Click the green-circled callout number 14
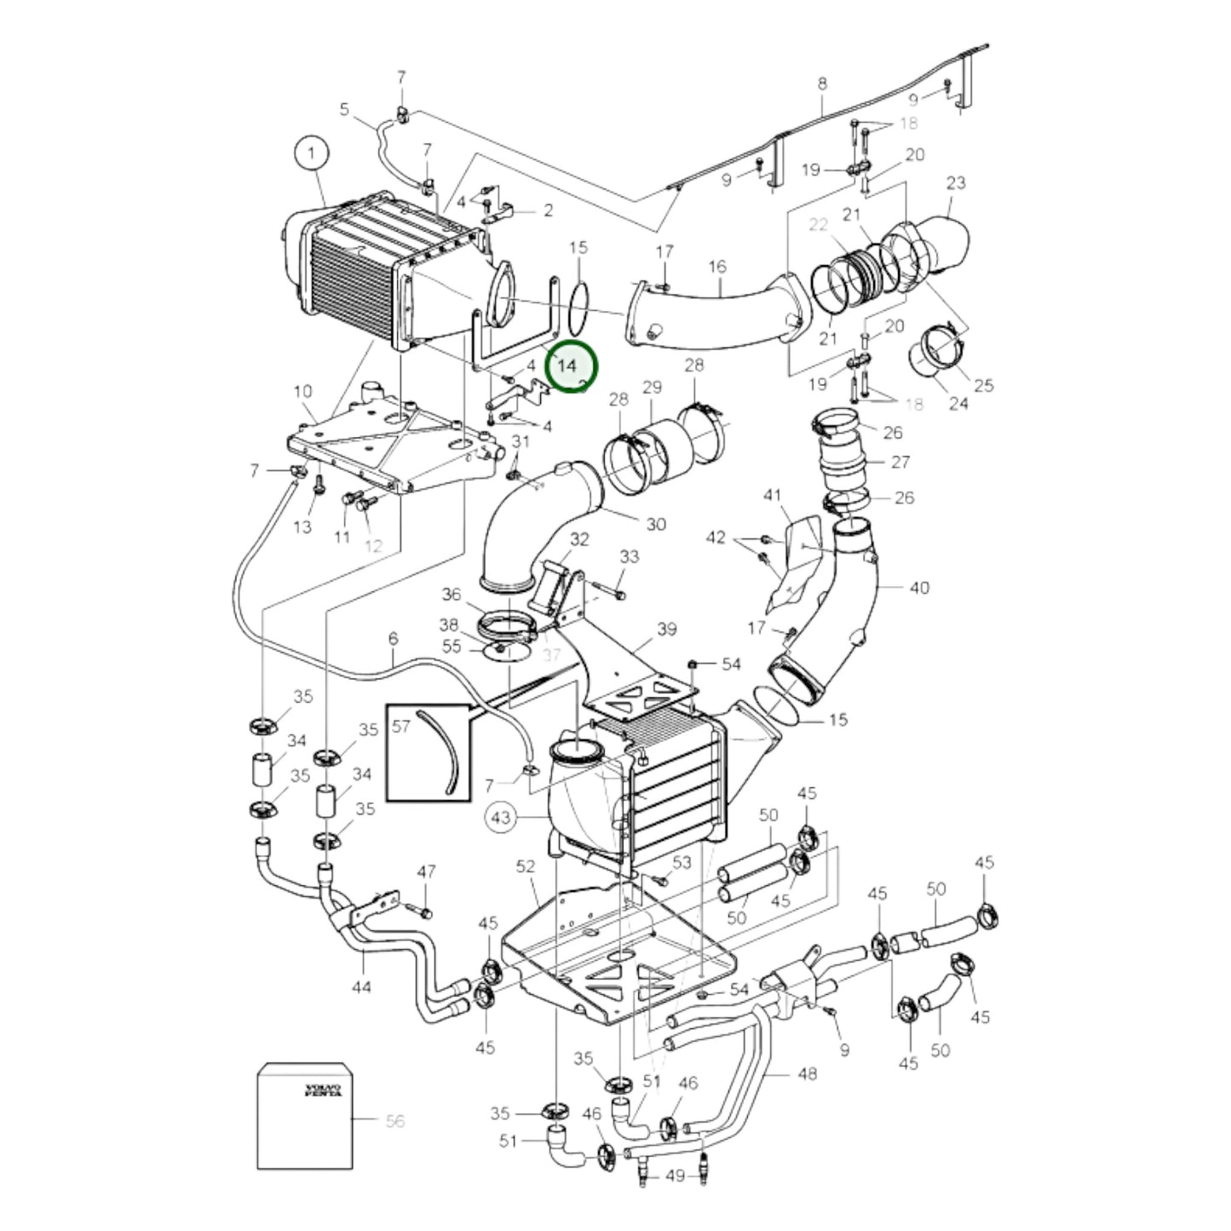tap(567, 365)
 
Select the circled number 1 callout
tap(311, 154)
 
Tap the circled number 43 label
tap(501, 818)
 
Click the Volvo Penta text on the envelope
tap(324, 1090)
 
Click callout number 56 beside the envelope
tap(394, 1121)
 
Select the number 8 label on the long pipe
tap(821, 83)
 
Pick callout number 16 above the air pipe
tap(716, 267)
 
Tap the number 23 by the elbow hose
tap(956, 182)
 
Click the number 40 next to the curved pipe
tap(919, 587)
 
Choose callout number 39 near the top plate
tap(666, 629)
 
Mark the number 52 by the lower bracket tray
tap(526, 866)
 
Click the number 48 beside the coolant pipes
tap(806, 1073)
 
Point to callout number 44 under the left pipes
tap(361, 987)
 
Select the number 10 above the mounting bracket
tap(302, 391)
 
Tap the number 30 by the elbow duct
tap(655, 524)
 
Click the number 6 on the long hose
tap(393, 638)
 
